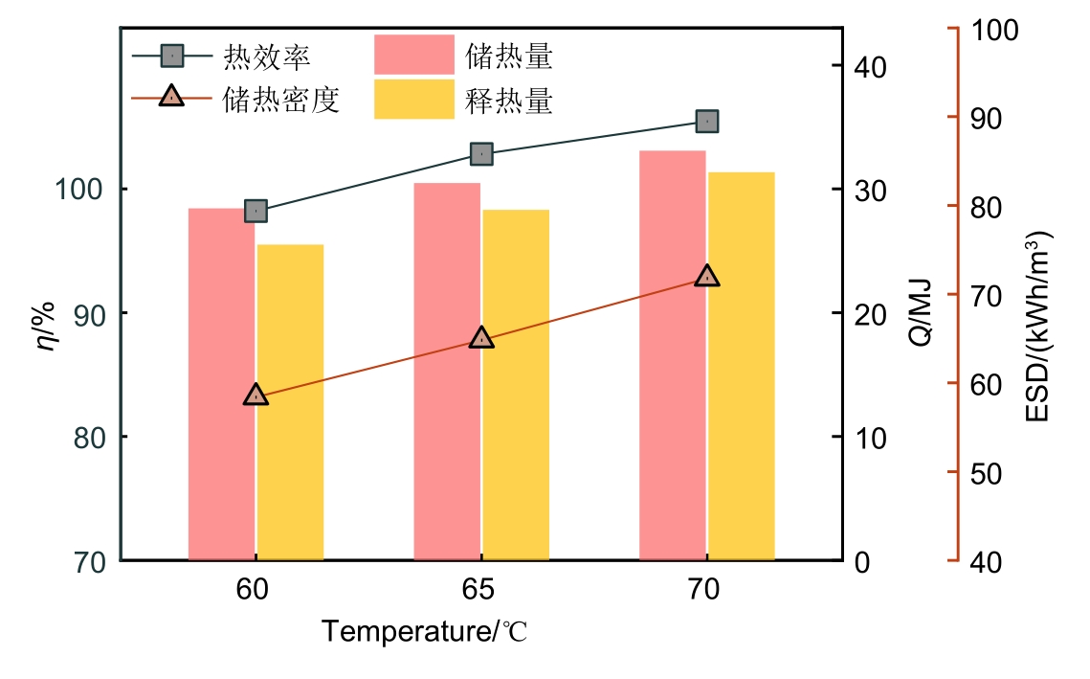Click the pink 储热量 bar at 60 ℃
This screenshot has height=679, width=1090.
221,383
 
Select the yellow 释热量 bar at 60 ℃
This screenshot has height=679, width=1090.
290,402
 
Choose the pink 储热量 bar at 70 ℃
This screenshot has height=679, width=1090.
673,354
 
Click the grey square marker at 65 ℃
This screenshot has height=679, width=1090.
481,154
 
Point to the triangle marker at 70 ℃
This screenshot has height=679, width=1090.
707,277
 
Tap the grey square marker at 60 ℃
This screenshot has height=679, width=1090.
256,211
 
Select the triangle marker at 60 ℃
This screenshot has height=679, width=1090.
256,395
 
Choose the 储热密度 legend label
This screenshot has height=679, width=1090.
281,99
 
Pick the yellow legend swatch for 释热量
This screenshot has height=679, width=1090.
413,100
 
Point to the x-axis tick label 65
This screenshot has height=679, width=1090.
480,590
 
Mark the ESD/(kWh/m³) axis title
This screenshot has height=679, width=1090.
1039,326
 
